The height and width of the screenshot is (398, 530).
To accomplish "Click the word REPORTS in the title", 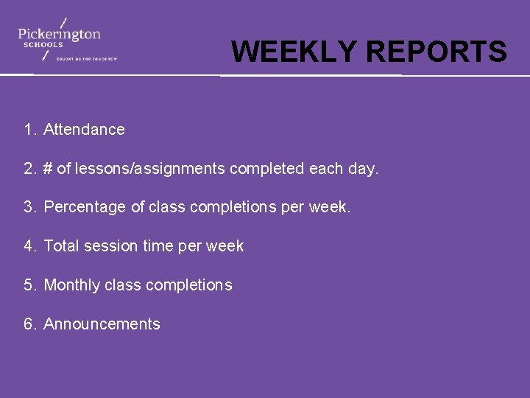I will coord(436,52).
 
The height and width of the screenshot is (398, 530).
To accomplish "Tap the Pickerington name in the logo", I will coord(59,33).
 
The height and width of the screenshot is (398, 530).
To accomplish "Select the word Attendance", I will coord(84,130).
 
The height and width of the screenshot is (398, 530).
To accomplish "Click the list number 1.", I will coord(29,130).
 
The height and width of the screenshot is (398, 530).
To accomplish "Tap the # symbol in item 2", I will coord(48,169).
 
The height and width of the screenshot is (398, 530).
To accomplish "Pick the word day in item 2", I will coord(363,170).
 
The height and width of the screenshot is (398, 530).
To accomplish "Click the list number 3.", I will coord(29,208).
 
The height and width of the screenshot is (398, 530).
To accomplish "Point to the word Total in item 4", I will coord(61,246).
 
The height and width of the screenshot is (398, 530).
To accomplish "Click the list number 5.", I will coord(29,285).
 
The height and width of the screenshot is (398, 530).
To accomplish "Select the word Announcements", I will coord(102,324).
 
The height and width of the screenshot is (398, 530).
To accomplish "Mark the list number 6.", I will coord(29,324).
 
